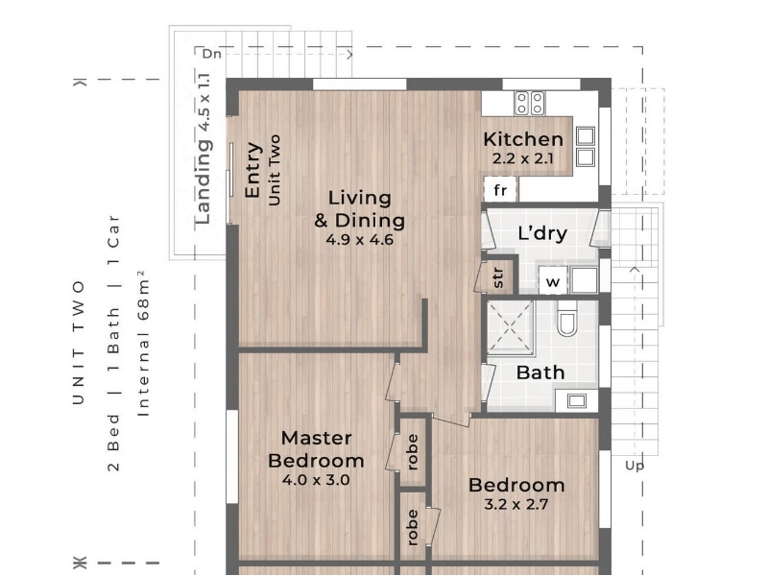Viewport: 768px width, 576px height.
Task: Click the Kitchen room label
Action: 523,139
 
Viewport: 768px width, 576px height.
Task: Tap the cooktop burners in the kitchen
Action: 530,104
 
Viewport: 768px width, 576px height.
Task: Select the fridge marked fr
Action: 500,189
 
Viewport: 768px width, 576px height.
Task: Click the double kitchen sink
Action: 586,147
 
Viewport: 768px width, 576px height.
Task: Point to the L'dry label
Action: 542,233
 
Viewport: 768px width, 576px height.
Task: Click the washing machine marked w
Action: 553,281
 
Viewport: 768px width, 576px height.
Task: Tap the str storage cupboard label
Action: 497,277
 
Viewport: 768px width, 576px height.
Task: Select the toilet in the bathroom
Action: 567,319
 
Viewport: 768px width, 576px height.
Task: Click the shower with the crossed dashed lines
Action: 510,327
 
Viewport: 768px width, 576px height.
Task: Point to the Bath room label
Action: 540,372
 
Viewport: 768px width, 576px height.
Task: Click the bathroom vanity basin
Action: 577,400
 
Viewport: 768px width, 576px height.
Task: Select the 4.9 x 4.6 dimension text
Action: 359,240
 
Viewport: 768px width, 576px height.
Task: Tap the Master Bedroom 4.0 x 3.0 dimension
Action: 316,480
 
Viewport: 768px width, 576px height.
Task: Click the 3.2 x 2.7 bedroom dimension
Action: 516,505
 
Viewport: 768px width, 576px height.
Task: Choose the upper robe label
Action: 413,452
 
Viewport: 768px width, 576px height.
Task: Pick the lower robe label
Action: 413,527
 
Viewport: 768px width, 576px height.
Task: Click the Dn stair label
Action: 211,54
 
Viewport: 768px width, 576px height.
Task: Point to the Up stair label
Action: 635,466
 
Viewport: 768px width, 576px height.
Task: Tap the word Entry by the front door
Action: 252,170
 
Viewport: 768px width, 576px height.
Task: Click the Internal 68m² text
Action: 142,344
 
